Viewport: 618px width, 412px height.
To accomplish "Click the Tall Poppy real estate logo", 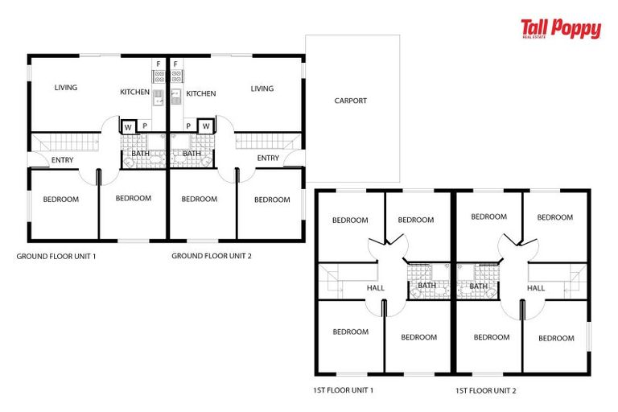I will coord(561,30).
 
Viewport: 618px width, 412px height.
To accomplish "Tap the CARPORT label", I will coord(350,101).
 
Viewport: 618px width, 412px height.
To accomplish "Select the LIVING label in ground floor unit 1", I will coord(66,88).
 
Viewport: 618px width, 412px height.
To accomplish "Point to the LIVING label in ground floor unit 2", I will coord(262,89).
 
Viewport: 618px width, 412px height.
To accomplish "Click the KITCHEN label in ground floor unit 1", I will coord(134,93).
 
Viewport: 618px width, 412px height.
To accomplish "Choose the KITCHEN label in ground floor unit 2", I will coord(201,93).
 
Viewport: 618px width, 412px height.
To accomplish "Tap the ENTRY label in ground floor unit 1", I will coord(62,159).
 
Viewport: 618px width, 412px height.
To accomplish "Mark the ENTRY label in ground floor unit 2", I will coord(268,158).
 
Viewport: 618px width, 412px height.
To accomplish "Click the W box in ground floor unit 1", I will coord(129,126).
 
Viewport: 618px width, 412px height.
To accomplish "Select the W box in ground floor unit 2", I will coord(206,126).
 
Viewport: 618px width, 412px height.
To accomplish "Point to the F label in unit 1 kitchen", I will coord(159,64).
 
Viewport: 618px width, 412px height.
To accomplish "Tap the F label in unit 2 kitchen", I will coord(175,64).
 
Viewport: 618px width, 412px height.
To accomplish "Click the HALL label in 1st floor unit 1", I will coord(375,287).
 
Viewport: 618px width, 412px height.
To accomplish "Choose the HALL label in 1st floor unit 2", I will coord(536,287).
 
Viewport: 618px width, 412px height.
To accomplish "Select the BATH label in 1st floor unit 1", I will coord(426,285).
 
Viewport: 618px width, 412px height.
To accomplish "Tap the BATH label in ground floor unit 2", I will coord(192,153).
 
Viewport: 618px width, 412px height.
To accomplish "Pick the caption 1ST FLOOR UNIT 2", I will coord(485,390).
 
